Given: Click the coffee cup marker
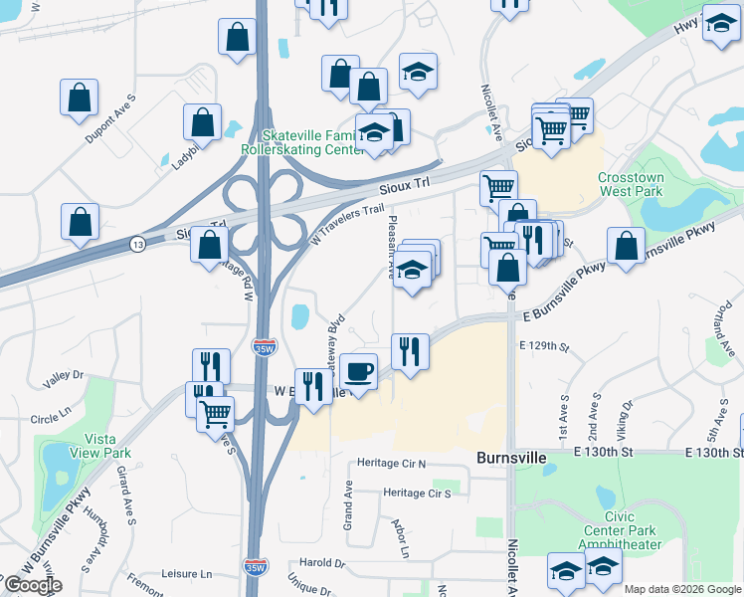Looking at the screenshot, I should click(x=358, y=371).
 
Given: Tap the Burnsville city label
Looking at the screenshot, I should click(x=511, y=459).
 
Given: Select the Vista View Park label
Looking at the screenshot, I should click(x=107, y=446).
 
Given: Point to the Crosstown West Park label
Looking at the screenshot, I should click(x=632, y=183).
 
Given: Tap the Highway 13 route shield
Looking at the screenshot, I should click(x=136, y=244).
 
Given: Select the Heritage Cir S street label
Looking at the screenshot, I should click(x=417, y=494).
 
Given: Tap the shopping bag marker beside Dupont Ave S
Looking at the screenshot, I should click(x=79, y=99).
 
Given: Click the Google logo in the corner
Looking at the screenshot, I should click(x=33, y=586).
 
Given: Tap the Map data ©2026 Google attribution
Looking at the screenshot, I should click(x=681, y=589).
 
